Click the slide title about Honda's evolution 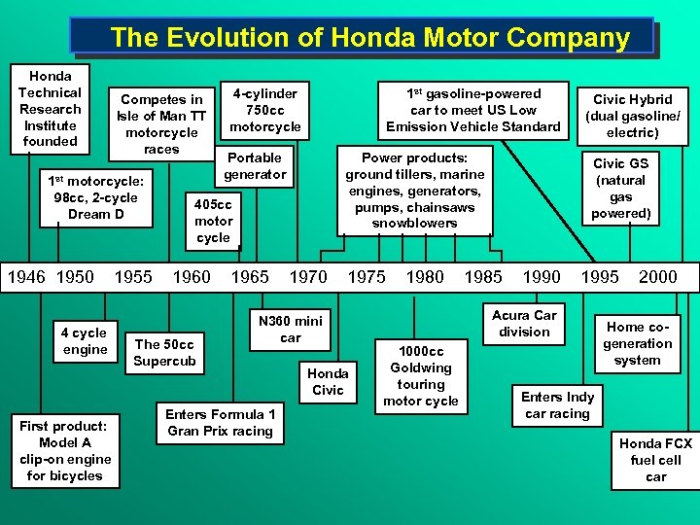(x=369, y=37)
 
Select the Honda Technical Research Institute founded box (x=50, y=108)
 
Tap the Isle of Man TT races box (x=161, y=123)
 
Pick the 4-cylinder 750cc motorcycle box (x=265, y=109)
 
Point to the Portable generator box (x=255, y=165)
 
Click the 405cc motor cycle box (x=213, y=221)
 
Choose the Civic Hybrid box (x=633, y=115)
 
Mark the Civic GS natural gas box (x=620, y=188)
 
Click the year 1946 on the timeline (x=26, y=276)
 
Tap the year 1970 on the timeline (x=308, y=276)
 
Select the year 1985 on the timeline (x=483, y=276)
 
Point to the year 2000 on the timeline (x=657, y=276)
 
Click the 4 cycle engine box (x=86, y=341)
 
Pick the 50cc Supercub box (x=165, y=352)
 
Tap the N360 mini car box (x=291, y=330)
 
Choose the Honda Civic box (x=328, y=381)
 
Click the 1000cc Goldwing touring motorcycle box (x=421, y=375)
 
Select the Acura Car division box (x=524, y=323)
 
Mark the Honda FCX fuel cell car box (x=656, y=460)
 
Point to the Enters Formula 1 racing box (x=220, y=422)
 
